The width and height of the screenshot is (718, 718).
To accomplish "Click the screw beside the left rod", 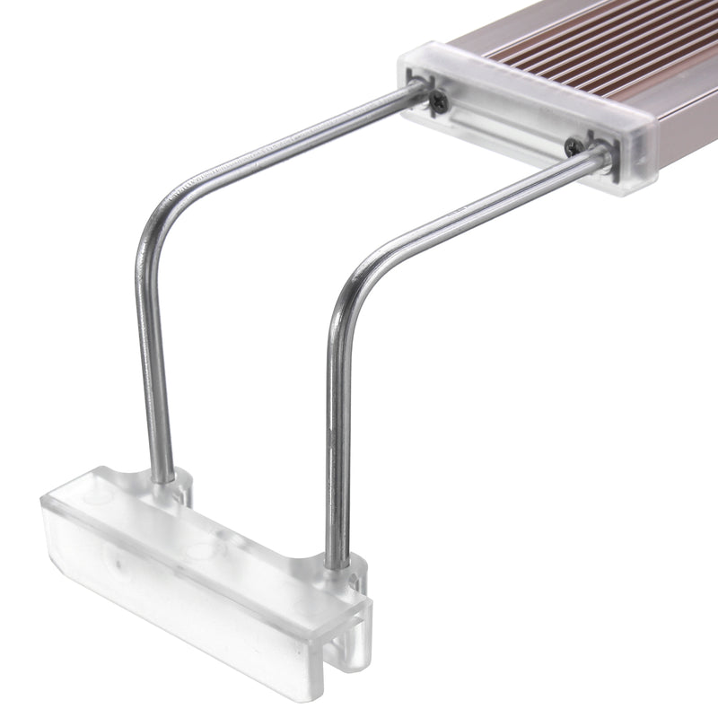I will pos(437,102).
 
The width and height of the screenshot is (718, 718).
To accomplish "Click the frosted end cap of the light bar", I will pos(530,117).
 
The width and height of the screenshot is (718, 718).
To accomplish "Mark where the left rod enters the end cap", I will pos(418,91).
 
